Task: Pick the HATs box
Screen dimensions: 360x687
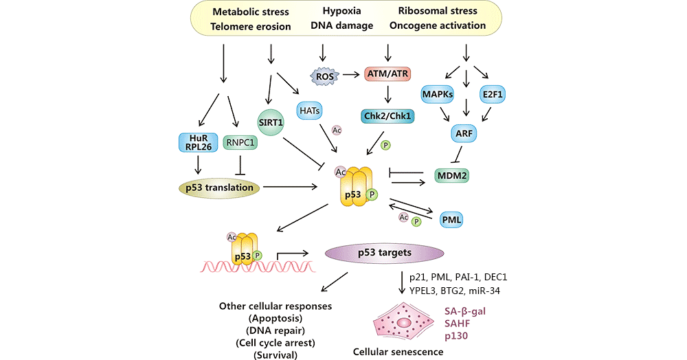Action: pos(310,110)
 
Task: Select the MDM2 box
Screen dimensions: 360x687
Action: pos(456,176)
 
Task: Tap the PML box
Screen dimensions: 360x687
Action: pos(451,219)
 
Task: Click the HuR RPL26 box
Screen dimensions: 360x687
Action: pos(196,142)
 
